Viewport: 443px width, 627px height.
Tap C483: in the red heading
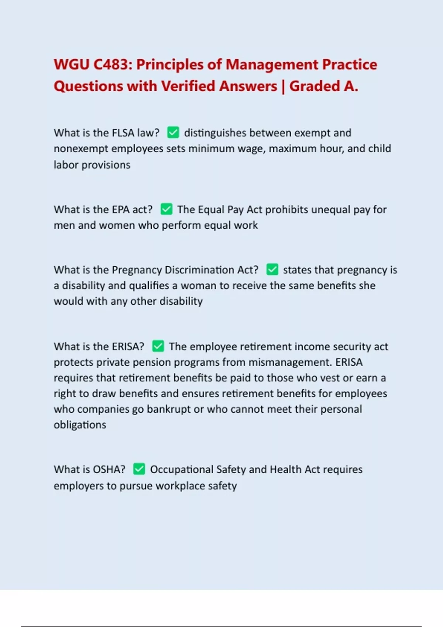tap(113, 65)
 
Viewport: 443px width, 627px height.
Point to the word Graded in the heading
tap(315, 86)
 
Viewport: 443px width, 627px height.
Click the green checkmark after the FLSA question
tap(173, 132)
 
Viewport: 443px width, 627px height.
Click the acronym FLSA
tap(123, 133)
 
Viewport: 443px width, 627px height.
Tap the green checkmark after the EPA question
tap(166, 209)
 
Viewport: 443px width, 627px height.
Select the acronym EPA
tap(120, 209)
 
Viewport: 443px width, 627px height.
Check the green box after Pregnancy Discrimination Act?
tap(272, 270)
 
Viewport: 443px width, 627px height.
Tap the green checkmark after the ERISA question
tap(158, 346)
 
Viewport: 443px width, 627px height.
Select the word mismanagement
tap(289, 362)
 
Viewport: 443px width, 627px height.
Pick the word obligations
tap(80, 425)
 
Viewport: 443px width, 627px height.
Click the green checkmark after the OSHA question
tap(139, 469)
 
